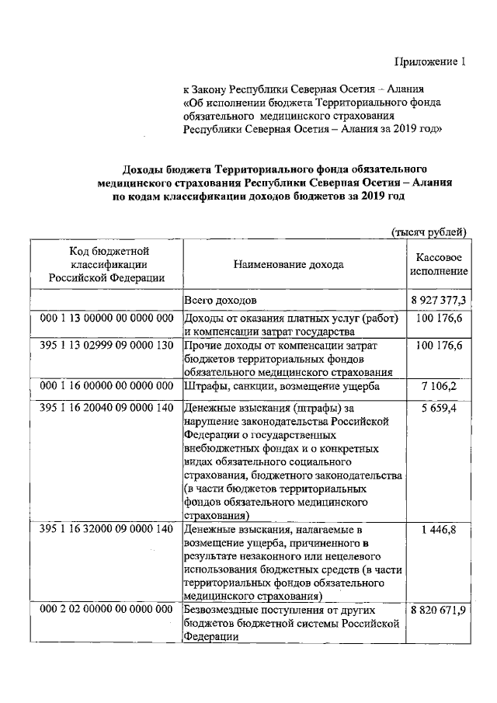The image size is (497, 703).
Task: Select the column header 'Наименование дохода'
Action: pos(288,264)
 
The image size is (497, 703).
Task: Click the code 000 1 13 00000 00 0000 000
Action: pos(106,319)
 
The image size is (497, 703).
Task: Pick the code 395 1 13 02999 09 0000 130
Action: pos(106,345)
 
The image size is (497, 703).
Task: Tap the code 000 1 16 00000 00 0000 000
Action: pos(106,384)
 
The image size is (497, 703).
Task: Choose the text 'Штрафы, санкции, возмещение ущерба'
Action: pos(281,385)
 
